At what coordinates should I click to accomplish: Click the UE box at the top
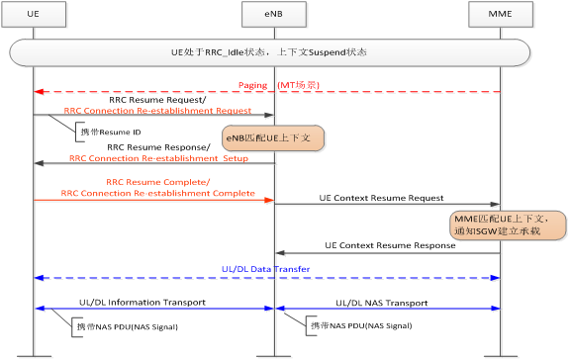[34, 14]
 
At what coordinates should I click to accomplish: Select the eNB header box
[274, 14]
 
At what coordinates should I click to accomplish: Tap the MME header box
[500, 14]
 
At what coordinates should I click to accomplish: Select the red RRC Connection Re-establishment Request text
[156, 111]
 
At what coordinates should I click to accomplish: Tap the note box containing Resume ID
[110, 131]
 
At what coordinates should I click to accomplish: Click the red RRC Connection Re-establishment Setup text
[158, 158]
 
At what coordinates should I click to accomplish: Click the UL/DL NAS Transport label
[383, 303]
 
